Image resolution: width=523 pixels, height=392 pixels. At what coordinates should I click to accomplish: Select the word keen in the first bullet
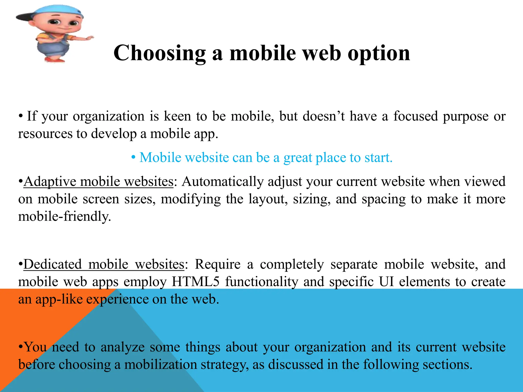tap(177, 116)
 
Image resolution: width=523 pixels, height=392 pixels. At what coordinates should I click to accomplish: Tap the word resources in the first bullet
tap(45, 134)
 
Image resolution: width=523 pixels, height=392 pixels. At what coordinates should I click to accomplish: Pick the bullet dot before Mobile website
tap(133, 157)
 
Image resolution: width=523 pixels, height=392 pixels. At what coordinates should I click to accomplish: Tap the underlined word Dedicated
tap(53, 264)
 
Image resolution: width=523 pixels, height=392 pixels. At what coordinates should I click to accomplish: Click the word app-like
tap(59, 299)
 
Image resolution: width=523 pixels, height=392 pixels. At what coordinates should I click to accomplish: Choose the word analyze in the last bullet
tap(123, 347)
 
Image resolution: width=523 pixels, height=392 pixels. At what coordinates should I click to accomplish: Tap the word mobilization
tap(161, 364)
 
